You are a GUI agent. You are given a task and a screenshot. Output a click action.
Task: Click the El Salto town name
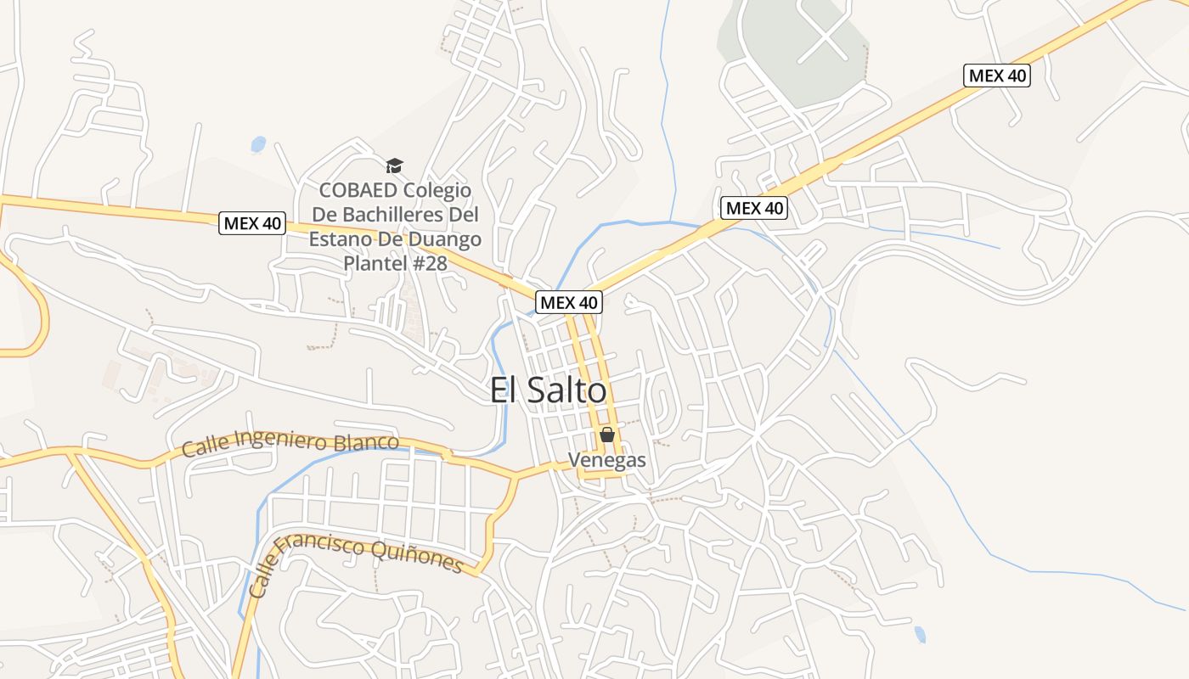coord(549,390)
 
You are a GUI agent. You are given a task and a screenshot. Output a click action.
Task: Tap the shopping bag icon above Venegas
coord(607,435)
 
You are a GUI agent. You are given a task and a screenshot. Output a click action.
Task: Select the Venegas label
coord(607,461)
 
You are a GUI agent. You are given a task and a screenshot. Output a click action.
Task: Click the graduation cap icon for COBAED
coord(394,166)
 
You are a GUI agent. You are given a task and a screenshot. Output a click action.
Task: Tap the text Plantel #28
coord(395,263)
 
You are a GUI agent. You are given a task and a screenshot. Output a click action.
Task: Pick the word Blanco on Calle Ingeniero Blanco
coord(367,442)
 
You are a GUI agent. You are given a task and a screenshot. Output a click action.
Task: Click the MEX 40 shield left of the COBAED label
coord(252,224)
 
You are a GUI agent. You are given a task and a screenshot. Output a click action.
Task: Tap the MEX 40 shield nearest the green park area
coord(997,76)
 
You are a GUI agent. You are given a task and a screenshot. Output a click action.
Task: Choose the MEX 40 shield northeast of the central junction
coord(754,208)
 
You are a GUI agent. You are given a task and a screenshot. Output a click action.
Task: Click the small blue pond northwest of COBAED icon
coord(258,144)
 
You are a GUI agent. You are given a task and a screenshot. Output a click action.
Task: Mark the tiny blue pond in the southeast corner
coord(920,634)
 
